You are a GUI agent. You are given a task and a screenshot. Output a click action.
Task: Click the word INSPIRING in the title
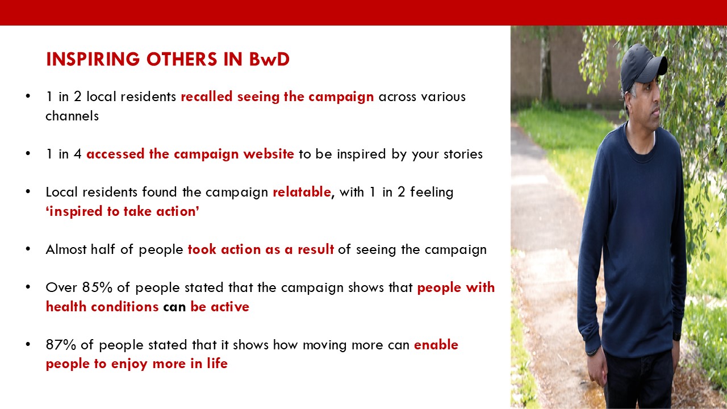coord(93,59)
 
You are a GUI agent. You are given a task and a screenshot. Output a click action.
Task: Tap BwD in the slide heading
coord(269,59)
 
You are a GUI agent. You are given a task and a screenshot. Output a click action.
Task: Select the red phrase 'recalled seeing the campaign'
coord(277,97)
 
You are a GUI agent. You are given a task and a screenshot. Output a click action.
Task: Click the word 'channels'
coord(72,116)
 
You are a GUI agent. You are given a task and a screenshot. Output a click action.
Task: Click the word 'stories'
coord(463,154)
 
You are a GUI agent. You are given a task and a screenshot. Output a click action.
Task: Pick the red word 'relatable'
coord(302,192)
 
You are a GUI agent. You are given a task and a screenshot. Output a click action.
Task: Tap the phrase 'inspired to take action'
coord(122,211)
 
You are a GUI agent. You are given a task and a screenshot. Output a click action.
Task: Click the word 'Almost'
coord(66,249)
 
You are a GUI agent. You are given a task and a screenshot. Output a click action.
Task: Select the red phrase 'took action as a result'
coord(261,249)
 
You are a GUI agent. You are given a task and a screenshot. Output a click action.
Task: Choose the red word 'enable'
coord(436,345)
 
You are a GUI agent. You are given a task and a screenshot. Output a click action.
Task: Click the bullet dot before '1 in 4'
coord(28,154)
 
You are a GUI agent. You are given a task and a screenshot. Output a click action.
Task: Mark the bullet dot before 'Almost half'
coord(28,249)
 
